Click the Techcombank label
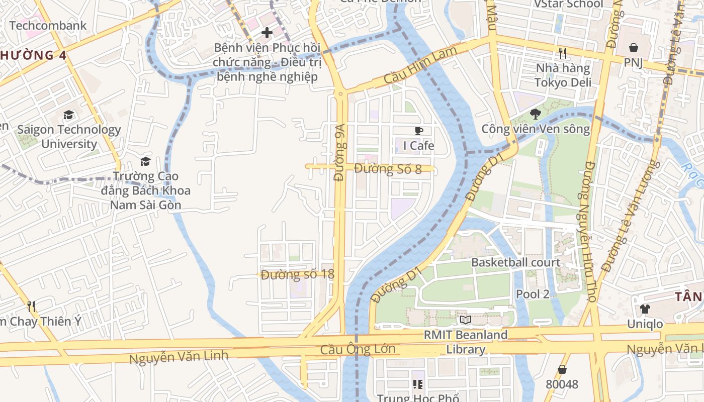(48, 26)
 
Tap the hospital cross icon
(267, 33)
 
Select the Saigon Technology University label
(69, 137)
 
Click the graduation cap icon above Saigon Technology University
(69, 115)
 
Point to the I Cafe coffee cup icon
(418, 131)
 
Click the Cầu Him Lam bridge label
(420, 65)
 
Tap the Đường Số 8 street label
(388, 169)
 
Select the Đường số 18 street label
(297, 274)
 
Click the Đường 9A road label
(340, 152)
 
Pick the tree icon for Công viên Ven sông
(536, 114)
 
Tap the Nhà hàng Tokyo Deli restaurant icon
(563, 53)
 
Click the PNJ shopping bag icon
(634, 48)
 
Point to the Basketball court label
(515, 262)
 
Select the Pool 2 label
(533, 294)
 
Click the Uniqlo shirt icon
(645, 309)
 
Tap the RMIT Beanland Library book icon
(465, 320)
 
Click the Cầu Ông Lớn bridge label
(358, 349)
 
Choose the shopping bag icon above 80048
(562, 369)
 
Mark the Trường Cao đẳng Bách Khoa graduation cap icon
(145, 161)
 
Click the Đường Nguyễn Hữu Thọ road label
(588, 231)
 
